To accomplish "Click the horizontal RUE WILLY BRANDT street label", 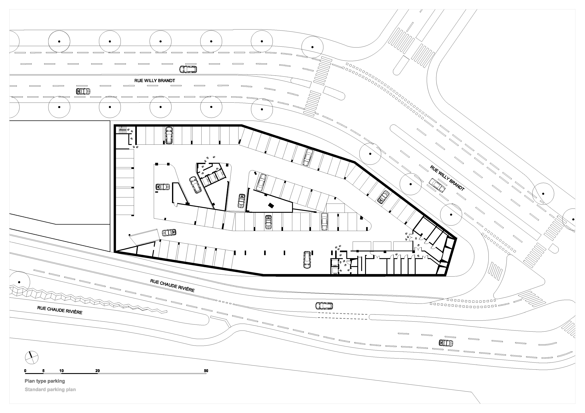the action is pos(155,80).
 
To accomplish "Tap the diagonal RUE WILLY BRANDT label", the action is pos(447,178).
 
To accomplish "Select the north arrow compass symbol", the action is pos(32,357).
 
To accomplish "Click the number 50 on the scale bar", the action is pos(206,371).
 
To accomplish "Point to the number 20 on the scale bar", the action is pos(98,371).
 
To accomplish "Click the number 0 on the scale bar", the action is pos(25,371).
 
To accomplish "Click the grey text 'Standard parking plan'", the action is pos(50,390).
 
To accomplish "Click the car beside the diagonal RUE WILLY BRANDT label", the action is pos(437,185).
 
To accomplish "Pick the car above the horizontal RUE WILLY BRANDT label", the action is pos(188,69).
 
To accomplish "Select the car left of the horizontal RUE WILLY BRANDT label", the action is pos(83,91).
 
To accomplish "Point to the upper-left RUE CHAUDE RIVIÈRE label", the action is pos(172,286).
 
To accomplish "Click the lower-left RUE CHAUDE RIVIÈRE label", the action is pos(60,310).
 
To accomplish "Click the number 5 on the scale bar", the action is pos(43,371).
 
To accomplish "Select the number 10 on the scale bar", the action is pos(61,371).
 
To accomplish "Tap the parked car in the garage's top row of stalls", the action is pos(168,135).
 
